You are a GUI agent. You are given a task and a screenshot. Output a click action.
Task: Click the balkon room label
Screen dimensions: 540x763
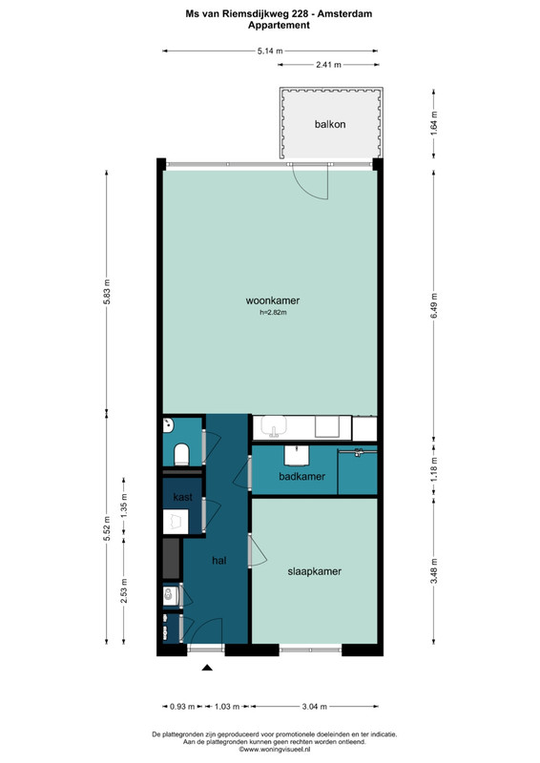(330, 124)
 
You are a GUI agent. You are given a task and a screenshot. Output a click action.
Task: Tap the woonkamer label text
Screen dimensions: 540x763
(273, 300)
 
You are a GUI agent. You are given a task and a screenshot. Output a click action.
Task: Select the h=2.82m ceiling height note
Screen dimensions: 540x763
(273, 313)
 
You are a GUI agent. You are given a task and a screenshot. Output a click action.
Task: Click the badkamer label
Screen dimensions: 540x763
(301, 476)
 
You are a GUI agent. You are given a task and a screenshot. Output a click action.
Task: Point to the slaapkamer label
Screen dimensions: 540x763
(315, 571)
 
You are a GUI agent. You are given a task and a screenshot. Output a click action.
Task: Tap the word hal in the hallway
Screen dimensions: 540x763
(219, 561)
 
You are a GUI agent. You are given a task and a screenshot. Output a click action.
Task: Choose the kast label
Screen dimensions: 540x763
(182, 497)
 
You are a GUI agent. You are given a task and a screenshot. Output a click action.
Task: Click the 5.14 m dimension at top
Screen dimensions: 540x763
(270, 51)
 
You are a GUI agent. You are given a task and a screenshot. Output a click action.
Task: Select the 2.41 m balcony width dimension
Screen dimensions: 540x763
(328, 64)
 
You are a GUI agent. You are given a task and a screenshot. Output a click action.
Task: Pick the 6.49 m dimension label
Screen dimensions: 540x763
(434, 305)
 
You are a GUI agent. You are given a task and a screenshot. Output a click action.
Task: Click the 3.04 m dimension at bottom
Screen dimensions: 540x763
(314, 706)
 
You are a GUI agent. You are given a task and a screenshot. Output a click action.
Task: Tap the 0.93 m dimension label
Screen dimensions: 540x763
(182, 706)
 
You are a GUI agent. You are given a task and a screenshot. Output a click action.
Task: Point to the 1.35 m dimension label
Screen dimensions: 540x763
(124, 506)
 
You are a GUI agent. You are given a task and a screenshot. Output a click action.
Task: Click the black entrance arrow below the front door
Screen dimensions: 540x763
(207, 668)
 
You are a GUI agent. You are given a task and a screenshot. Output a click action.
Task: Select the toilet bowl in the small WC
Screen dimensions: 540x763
(181, 454)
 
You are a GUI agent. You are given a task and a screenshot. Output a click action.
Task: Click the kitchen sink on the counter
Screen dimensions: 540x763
(275, 426)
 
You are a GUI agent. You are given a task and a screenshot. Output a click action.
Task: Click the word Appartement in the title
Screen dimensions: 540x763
(279, 26)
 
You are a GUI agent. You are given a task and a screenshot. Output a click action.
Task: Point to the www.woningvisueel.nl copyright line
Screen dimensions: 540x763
(275, 750)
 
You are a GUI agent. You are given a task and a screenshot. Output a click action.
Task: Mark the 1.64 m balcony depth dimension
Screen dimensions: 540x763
(434, 124)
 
